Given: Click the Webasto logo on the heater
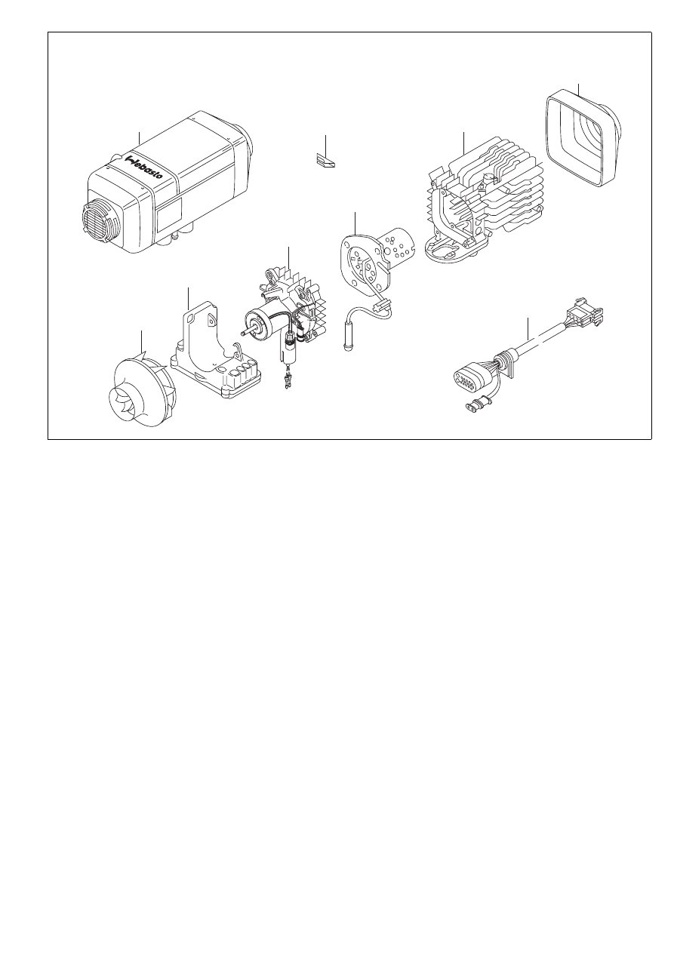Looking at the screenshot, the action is (145, 167).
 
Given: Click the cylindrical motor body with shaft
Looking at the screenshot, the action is (260, 324).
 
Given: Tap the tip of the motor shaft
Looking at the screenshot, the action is (242, 334).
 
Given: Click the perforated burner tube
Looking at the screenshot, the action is (398, 244).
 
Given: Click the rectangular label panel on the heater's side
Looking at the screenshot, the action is (169, 214).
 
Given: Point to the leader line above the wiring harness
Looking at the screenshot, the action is (528, 328).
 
